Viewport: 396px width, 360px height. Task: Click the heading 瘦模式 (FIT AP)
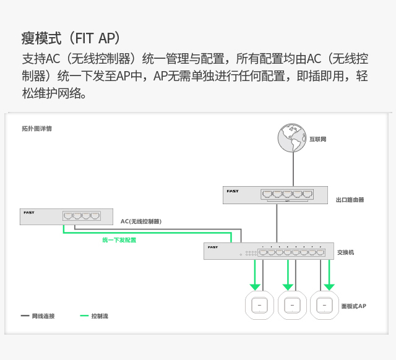(x=71, y=38)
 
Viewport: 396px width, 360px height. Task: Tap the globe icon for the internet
(x=292, y=138)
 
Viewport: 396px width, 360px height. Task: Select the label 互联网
(x=318, y=139)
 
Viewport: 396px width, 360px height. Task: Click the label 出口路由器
(x=350, y=200)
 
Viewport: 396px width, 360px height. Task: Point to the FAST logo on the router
(x=233, y=191)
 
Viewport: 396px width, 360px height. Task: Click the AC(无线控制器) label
(x=141, y=221)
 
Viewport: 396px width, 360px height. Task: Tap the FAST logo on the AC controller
(x=29, y=213)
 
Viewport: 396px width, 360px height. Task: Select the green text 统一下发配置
(x=119, y=240)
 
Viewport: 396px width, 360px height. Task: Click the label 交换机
(x=345, y=252)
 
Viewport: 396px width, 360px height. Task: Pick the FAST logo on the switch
(x=213, y=247)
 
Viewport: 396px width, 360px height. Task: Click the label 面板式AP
(x=353, y=306)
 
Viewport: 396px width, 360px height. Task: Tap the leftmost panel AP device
(x=259, y=305)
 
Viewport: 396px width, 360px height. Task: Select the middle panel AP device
(x=292, y=305)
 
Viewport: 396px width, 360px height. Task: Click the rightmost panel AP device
(x=324, y=305)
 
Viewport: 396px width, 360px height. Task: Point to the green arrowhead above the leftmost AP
(x=255, y=287)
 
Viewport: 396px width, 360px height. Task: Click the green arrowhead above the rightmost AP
(x=329, y=287)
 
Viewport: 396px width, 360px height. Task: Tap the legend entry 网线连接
(x=38, y=316)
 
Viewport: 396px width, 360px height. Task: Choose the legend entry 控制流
(x=94, y=316)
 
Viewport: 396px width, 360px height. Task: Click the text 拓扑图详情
(x=37, y=129)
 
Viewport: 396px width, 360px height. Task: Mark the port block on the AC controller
(x=82, y=216)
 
